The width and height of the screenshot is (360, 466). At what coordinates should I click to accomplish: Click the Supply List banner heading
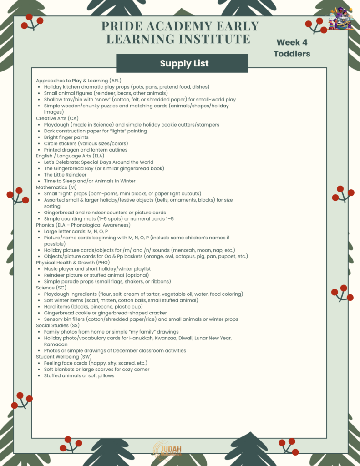[x=184, y=63]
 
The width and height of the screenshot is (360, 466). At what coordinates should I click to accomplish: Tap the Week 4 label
[x=292, y=42]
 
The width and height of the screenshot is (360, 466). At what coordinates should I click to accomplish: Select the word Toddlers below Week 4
[x=292, y=54]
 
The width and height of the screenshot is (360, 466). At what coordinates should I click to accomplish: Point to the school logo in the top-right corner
[x=341, y=18]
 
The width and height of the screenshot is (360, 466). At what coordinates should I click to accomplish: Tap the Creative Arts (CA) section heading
[x=57, y=118]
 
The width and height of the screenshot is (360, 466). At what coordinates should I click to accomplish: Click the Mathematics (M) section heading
[x=56, y=187]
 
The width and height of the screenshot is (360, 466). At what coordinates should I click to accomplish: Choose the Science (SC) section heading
[x=51, y=288]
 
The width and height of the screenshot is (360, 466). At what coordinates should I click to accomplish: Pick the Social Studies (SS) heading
[x=58, y=325]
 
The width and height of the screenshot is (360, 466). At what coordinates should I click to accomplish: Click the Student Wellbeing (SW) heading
[x=64, y=357]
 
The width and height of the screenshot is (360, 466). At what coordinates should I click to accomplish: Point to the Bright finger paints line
[x=66, y=137]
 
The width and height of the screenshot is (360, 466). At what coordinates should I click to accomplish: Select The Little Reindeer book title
[x=65, y=175]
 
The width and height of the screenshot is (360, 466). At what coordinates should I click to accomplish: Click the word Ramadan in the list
[x=56, y=344]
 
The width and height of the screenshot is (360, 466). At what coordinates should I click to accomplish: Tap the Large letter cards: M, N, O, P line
[x=76, y=231]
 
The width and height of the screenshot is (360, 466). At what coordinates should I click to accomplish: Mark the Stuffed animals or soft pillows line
[x=79, y=375]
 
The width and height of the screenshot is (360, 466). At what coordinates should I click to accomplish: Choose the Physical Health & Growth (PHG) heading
[x=73, y=263]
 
